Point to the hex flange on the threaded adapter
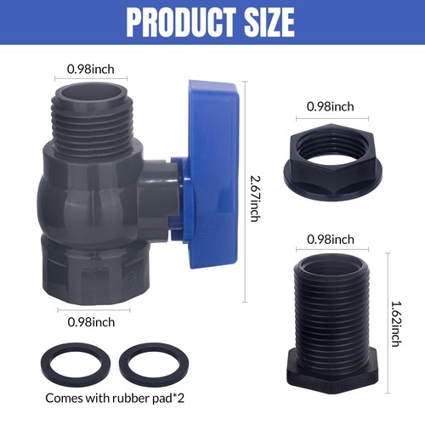click(333, 385)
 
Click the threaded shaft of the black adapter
click(333, 310)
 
